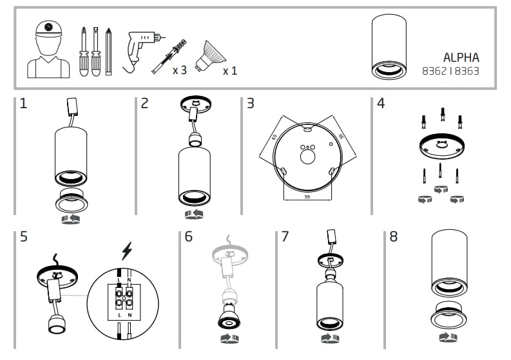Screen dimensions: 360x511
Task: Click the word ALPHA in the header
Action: tap(461, 57)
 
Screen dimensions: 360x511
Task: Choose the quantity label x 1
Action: tap(229, 70)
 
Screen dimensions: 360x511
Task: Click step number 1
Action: tap(23, 104)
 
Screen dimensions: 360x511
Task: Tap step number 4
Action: tap(380, 104)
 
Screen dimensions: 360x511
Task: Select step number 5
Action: tap(23, 236)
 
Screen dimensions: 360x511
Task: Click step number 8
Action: tap(394, 236)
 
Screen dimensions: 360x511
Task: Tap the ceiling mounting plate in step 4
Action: tap(441, 148)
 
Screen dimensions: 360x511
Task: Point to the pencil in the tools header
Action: tap(109, 50)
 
